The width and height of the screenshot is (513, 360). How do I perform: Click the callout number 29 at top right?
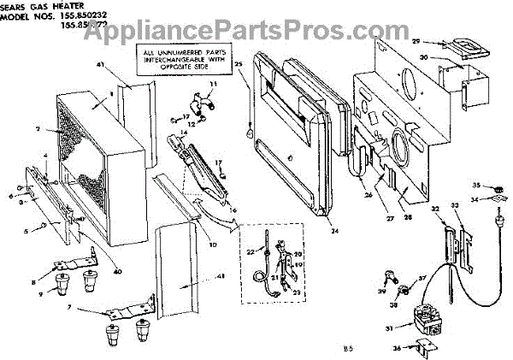pos(416,41)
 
